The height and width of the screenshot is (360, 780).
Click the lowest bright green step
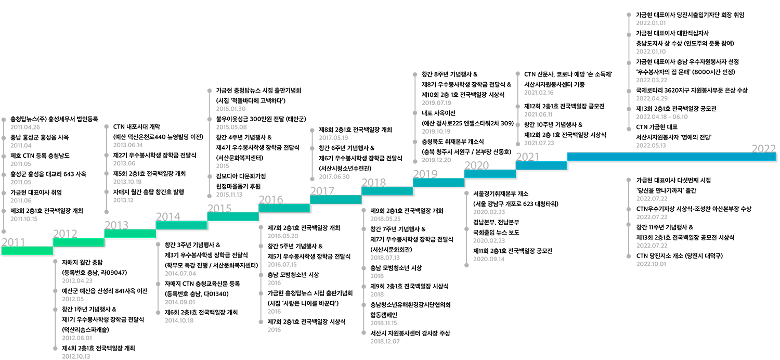pyautogui.click(x=27, y=251)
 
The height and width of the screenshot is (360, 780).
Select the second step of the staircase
pyautogui.click(x=79, y=242)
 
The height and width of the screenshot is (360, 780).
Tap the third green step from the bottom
pyautogui.click(x=130, y=234)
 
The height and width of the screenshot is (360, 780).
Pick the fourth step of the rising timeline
pyautogui.click(x=181, y=225)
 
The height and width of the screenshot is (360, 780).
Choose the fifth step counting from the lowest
pyautogui.click(x=233, y=216)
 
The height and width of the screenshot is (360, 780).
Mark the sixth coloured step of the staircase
pyautogui.click(x=284, y=208)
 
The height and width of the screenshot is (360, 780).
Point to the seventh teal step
pyautogui.click(x=336, y=199)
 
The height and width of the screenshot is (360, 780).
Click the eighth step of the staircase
pyautogui.click(x=387, y=191)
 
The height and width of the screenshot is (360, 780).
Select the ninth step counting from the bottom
pyautogui.click(x=439, y=182)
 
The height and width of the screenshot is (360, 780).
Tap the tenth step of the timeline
pyautogui.click(x=490, y=174)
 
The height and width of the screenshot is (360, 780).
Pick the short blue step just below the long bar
pyautogui.click(x=541, y=165)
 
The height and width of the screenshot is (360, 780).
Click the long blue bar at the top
pyautogui.click(x=671, y=157)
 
